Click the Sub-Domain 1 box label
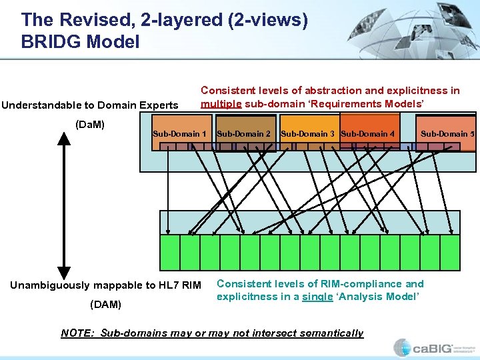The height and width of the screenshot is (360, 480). [179, 133]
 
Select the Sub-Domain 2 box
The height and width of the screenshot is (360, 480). [244, 133]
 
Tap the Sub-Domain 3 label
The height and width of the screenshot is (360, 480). [308, 133]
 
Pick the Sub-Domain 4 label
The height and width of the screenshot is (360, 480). [367, 133]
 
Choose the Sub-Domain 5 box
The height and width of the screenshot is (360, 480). [447, 133]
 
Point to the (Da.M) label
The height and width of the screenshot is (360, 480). [90, 124]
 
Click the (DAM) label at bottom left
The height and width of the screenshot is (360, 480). [105, 305]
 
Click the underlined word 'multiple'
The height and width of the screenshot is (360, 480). [221, 104]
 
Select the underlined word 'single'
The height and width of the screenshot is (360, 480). [317, 297]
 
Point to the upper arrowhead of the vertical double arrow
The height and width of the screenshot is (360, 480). [64, 139]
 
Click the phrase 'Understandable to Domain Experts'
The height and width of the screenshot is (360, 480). [90, 105]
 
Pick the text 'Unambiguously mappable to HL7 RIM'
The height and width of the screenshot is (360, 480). [105, 285]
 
